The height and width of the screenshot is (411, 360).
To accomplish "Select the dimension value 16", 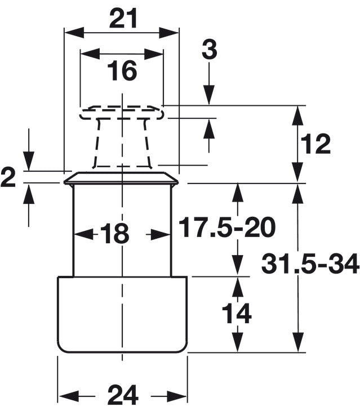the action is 122,70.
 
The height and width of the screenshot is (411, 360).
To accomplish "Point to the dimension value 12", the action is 315,144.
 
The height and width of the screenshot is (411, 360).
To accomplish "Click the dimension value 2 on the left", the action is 8,178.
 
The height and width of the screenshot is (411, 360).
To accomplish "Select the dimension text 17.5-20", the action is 227,227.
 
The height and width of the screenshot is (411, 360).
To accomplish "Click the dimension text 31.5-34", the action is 310,263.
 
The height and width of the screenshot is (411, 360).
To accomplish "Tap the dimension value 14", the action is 237,313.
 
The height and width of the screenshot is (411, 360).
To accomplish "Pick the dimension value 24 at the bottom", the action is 123,395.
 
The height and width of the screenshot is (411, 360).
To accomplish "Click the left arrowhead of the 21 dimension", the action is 74,33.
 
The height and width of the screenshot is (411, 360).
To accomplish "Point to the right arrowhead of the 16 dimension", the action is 153,54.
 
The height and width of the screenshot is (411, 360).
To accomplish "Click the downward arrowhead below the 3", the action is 209,95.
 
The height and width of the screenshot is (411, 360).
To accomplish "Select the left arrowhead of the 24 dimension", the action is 68,396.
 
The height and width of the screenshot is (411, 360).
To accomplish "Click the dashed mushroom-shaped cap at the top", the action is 122,136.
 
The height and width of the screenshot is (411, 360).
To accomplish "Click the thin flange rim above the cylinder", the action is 121,178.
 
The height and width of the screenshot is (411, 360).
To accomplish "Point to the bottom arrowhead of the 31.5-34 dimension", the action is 297,342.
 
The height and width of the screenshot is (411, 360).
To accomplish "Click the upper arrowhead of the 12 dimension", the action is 297,115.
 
